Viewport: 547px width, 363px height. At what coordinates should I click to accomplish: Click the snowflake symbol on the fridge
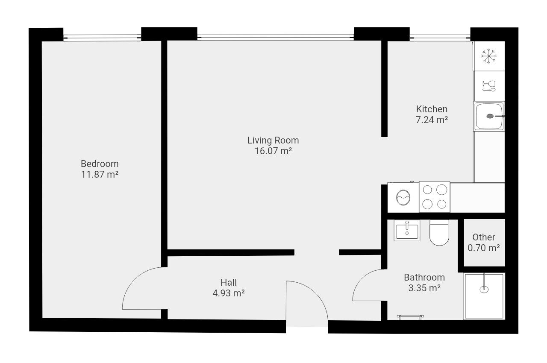[x=488, y=56]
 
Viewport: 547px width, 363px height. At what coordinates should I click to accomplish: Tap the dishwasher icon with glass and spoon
[x=489, y=86]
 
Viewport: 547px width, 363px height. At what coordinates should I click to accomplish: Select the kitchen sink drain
[x=490, y=116]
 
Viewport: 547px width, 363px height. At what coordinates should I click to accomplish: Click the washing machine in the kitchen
[x=403, y=197]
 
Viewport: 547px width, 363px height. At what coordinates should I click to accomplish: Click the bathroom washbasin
[x=407, y=230]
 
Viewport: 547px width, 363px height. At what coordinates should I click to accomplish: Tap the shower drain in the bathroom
[x=484, y=290]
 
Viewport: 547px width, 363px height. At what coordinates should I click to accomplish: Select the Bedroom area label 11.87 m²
[x=100, y=174]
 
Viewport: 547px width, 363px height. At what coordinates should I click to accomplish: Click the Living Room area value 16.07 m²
[x=273, y=151]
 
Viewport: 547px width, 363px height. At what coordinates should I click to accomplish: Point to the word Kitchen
[x=432, y=109]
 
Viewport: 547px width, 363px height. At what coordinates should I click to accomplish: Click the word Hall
[x=229, y=282]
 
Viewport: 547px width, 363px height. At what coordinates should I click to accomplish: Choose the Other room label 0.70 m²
[x=483, y=248]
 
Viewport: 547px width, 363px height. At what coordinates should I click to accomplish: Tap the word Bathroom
[x=424, y=277]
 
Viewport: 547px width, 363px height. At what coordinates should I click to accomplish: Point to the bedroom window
[x=102, y=38]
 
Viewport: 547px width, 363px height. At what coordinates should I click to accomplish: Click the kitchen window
[x=440, y=38]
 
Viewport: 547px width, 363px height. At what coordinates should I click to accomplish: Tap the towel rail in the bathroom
[x=410, y=317]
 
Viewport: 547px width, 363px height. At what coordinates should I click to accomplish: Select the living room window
[x=276, y=37]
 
